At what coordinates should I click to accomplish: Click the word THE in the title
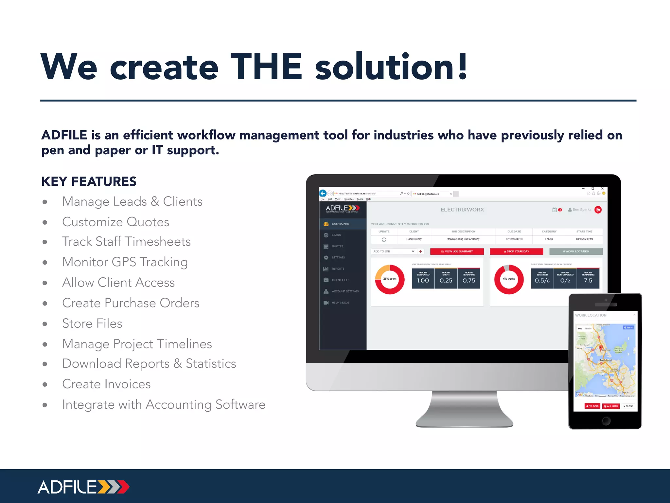(266, 67)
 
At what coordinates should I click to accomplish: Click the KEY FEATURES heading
(89, 181)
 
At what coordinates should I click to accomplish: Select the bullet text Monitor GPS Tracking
(125, 262)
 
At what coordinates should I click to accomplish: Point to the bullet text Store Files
(92, 324)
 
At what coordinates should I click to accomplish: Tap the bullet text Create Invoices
(106, 384)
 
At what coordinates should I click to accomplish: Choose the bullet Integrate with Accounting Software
(164, 405)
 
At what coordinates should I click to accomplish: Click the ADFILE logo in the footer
(84, 487)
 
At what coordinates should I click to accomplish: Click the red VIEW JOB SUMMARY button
(457, 251)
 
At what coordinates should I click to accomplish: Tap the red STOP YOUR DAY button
(516, 251)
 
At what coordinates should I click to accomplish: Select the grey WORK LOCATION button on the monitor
(576, 251)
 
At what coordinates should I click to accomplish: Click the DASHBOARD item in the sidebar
(340, 224)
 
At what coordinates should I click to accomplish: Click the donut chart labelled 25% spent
(390, 279)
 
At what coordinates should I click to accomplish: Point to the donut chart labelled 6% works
(509, 279)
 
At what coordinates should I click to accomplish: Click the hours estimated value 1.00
(423, 281)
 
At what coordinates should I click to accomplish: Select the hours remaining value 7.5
(588, 281)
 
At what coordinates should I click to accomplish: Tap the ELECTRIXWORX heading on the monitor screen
(462, 210)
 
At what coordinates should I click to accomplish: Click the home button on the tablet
(606, 421)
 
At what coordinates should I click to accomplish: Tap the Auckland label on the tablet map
(605, 360)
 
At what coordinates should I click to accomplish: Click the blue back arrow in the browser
(323, 193)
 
